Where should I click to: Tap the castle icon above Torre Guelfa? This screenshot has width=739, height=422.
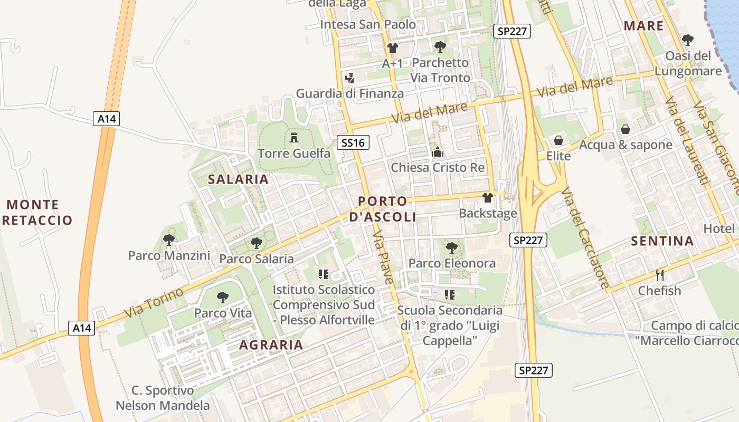click(x=294, y=138)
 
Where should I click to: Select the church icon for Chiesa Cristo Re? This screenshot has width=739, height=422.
click(x=438, y=152)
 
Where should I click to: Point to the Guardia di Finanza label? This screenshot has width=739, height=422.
click(x=349, y=94)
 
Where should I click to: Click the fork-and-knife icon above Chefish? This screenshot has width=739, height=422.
click(x=659, y=275)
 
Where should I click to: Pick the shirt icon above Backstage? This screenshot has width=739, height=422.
click(x=487, y=198)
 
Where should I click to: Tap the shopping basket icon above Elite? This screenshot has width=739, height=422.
click(x=558, y=140)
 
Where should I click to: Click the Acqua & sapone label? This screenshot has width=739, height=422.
click(x=626, y=145)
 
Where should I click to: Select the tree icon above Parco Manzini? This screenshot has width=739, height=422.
click(x=169, y=240)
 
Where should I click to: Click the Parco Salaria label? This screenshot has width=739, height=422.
click(x=256, y=258)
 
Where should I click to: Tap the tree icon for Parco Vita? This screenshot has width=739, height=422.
click(x=223, y=297)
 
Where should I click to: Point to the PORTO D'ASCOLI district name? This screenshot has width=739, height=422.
click(x=383, y=209)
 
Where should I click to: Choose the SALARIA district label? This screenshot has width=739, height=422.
click(x=238, y=179)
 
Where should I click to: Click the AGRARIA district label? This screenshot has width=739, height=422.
click(x=271, y=345)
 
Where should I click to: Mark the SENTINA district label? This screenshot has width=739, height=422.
click(x=662, y=241)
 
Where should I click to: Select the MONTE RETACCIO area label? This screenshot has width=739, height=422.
click(x=37, y=212)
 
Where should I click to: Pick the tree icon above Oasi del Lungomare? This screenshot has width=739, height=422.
click(x=687, y=40)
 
